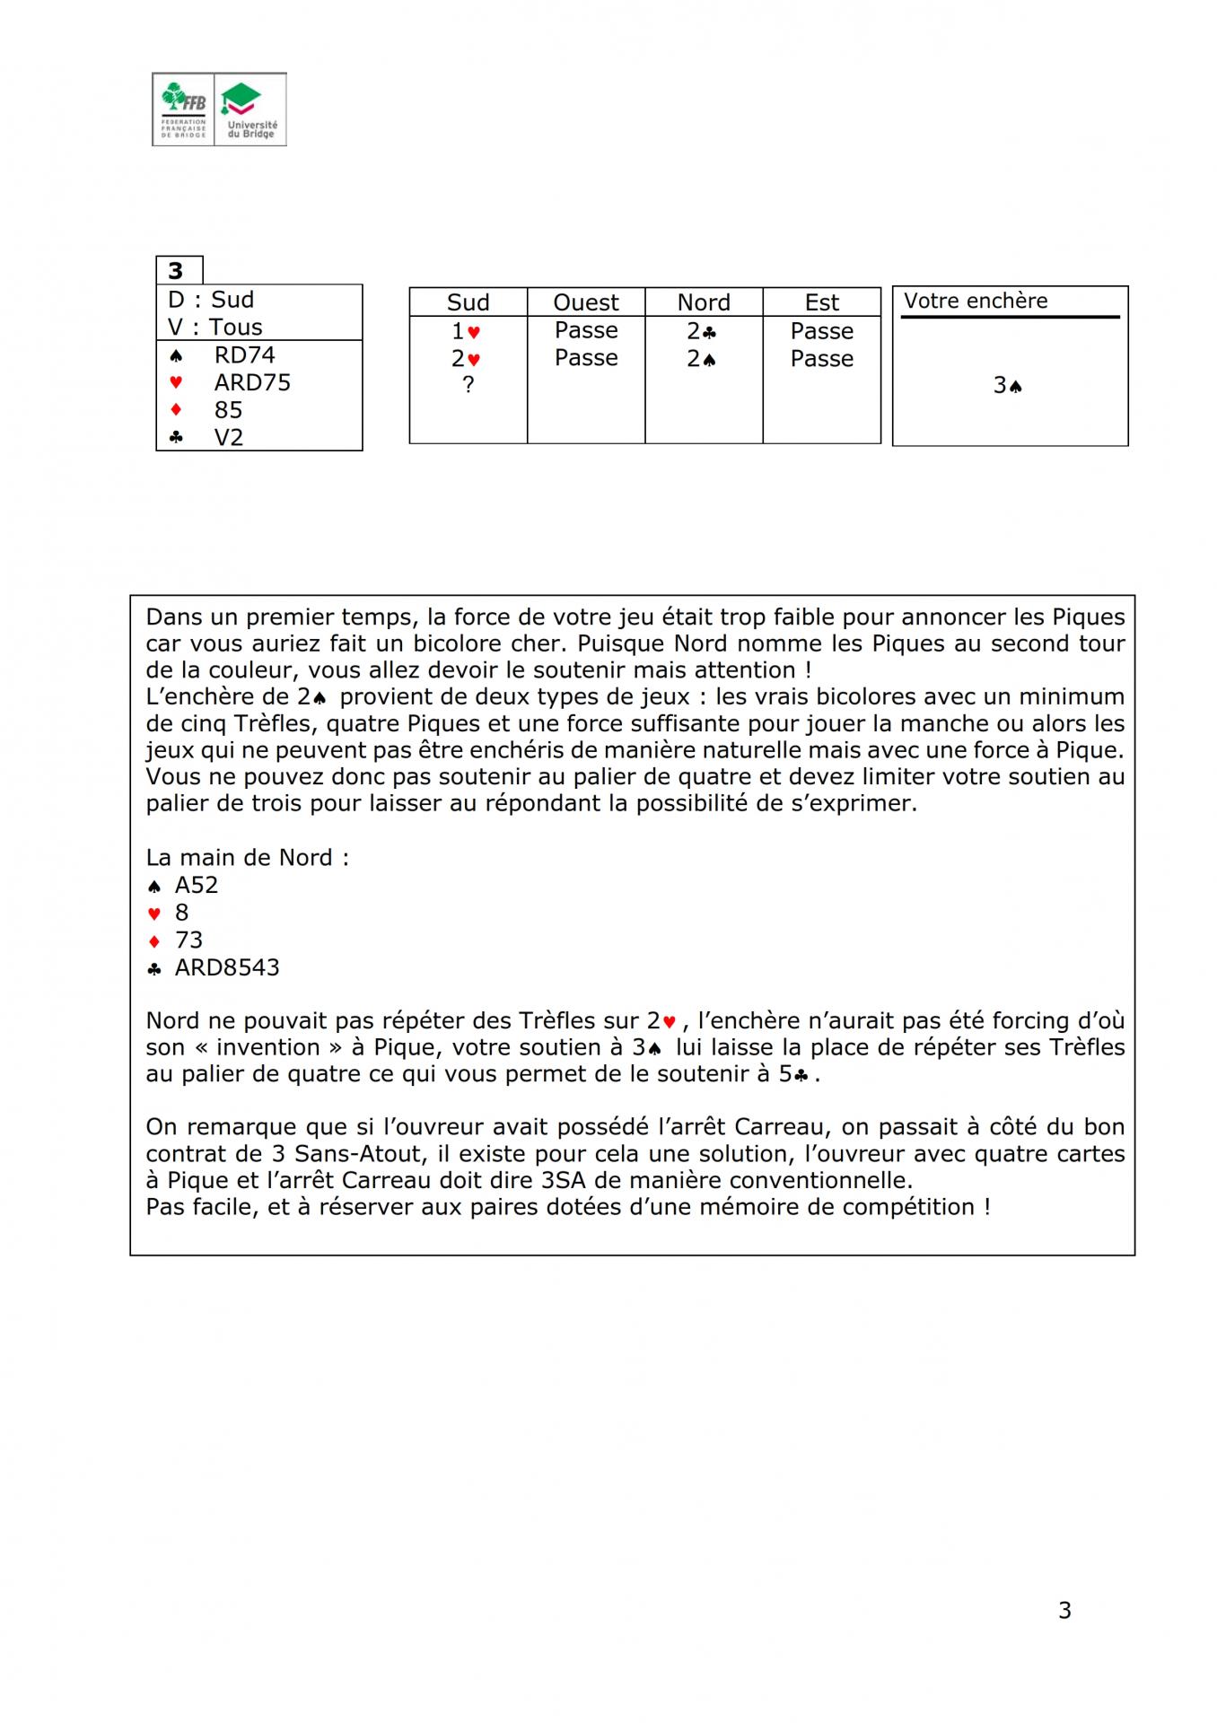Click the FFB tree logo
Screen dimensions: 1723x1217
point(184,109)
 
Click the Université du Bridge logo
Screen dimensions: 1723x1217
point(250,109)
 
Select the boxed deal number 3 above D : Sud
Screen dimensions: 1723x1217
point(176,270)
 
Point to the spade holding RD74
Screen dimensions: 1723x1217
point(244,354)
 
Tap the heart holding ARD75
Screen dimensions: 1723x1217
point(252,382)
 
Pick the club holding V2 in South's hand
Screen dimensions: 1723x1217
point(229,437)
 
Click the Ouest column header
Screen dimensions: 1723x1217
point(586,302)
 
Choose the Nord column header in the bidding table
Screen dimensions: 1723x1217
point(704,302)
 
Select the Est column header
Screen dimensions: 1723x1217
point(821,302)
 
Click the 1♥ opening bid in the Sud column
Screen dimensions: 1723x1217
point(467,331)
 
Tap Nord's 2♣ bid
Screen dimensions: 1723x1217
point(702,331)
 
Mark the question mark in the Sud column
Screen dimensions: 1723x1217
point(468,384)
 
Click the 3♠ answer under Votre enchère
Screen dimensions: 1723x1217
point(1008,385)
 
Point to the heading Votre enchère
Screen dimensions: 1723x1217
point(976,301)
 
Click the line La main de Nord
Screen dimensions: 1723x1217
point(247,857)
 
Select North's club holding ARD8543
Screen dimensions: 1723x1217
point(227,967)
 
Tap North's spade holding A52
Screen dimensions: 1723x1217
point(197,885)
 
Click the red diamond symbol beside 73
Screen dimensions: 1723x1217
point(154,940)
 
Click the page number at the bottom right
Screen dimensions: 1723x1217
point(1064,1610)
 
